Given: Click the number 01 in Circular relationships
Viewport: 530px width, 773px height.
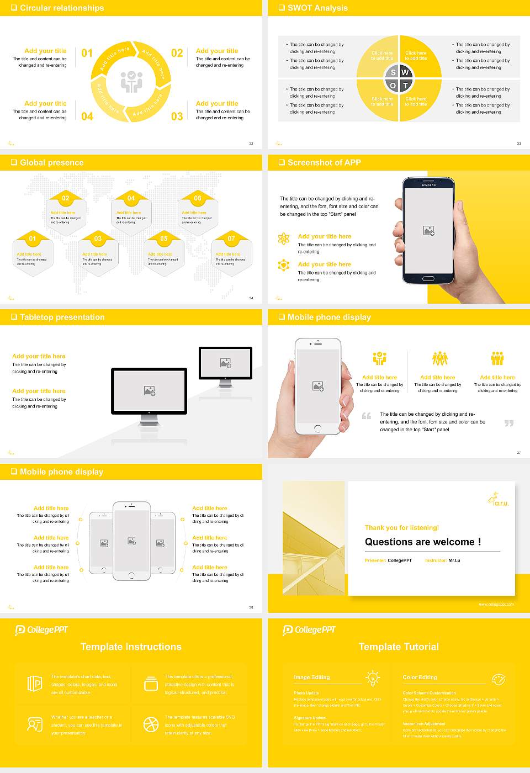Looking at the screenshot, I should tap(87, 54).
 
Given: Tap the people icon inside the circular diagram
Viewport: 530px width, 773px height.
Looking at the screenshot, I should tap(131, 81).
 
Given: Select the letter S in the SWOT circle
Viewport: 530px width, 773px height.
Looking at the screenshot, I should tap(393, 72).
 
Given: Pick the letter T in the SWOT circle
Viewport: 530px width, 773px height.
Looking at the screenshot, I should tap(405, 86).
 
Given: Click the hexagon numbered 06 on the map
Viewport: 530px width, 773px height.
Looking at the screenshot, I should tap(198, 198).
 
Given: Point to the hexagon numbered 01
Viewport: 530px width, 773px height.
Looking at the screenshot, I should tap(33, 239).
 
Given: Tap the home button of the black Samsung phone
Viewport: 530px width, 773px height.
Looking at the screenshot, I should tap(428, 279).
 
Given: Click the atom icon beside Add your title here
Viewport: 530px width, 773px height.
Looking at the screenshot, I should tap(284, 239).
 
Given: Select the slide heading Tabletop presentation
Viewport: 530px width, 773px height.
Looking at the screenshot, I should tap(62, 317).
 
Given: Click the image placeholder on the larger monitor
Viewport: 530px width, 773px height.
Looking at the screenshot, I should tap(149, 391).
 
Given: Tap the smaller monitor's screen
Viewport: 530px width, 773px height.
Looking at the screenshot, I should tap(225, 363).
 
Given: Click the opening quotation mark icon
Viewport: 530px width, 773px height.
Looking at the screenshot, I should tap(367, 416).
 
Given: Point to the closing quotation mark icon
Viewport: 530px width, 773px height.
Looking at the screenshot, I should tap(509, 423).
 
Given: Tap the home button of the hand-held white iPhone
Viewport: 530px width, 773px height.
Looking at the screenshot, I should tap(317, 428).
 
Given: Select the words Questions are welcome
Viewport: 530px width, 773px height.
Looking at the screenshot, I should tap(422, 542).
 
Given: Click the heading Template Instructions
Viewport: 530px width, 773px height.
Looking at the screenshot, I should tap(131, 647).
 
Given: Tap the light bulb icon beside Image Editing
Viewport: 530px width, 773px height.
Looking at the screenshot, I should tap(373, 677).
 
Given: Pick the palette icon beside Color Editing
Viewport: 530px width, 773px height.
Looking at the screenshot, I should tap(498, 678).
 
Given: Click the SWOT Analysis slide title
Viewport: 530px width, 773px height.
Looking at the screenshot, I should tap(317, 8).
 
